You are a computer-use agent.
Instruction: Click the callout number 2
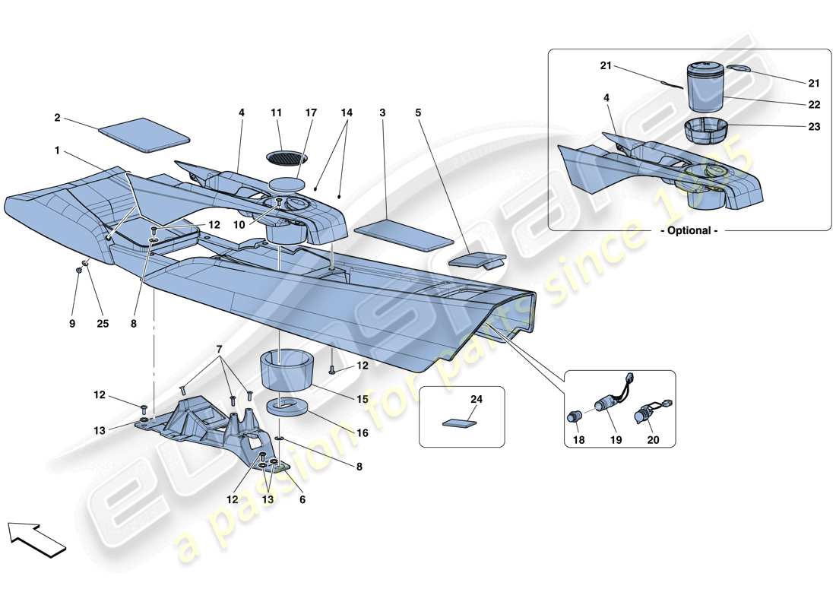[57, 119]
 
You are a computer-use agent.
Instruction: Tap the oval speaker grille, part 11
[287, 157]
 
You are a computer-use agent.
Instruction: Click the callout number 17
[311, 112]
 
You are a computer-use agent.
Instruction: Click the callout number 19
[616, 439]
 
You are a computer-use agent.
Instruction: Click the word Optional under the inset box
[690, 230]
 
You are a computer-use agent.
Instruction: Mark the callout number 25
[103, 323]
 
